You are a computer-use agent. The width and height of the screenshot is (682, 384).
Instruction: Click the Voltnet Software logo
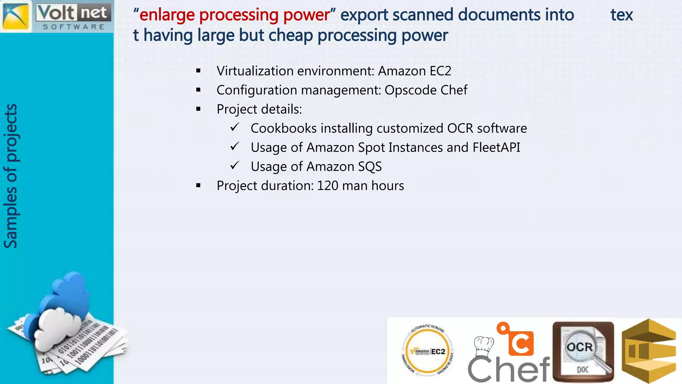(57, 16)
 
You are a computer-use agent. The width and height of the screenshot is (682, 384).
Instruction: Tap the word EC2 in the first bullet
(440, 71)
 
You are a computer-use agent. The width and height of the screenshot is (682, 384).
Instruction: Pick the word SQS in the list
(370, 167)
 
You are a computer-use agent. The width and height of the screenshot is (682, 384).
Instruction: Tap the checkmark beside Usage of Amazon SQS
(235, 165)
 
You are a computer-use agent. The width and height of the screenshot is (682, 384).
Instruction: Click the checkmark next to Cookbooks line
(235, 127)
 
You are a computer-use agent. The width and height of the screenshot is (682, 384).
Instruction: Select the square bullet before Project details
(198, 109)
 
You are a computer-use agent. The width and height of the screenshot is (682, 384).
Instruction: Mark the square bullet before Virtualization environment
(198, 71)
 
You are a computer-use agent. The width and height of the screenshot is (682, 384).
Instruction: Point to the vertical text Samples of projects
(11, 176)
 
